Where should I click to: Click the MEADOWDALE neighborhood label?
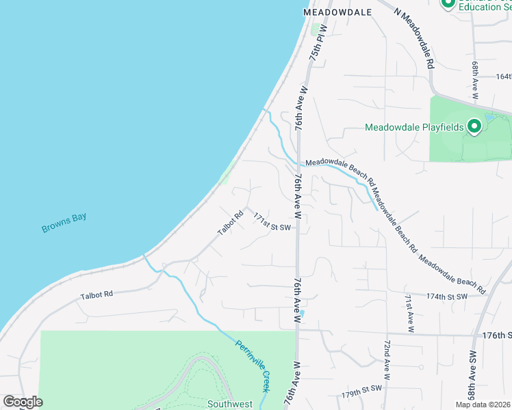click(x=337, y=12)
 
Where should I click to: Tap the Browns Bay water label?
click(x=64, y=223)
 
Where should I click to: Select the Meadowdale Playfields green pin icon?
click(x=473, y=126)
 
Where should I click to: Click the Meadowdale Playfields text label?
click(x=415, y=127)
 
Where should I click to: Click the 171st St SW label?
click(x=272, y=221)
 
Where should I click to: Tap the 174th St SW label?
click(x=446, y=297)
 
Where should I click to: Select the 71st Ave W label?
click(x=409, y=313)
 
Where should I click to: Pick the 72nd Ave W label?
click(x=387, y=359)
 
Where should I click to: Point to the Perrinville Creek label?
click(x=254, y=364)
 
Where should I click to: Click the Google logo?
click(x=23, y=402)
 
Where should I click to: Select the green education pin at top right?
click(x=448, y=3)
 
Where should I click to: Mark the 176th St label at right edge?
click(x=497, y=336)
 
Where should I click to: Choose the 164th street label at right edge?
click(x=504, y=77)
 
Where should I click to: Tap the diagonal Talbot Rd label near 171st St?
click(x=231, y=223)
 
